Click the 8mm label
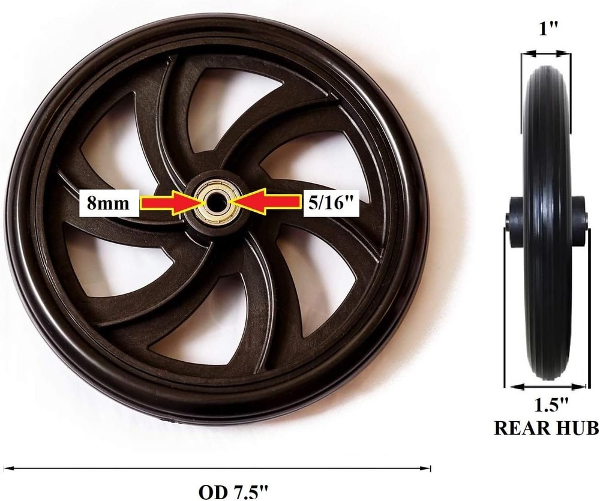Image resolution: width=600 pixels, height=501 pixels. tap(109, 203)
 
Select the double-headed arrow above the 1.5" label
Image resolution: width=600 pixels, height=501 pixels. tap(546, 387)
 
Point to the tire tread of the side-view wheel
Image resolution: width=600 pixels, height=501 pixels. tap(546, 150)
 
